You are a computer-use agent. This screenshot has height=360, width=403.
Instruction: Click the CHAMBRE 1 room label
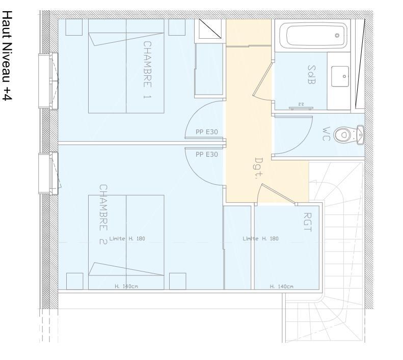[147, 70]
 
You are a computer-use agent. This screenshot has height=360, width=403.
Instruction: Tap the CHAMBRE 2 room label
[102, 214]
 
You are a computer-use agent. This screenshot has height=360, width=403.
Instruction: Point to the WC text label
[327, 133]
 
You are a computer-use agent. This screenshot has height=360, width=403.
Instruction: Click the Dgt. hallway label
[258, 165]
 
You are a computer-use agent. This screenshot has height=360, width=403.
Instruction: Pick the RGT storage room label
[307, 223]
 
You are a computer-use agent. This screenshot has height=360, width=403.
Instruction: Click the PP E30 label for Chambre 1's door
[207, 132]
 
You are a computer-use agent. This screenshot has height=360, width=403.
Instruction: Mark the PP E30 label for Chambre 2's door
[207, 154]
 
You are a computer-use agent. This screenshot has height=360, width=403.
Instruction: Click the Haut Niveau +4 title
[7, 56]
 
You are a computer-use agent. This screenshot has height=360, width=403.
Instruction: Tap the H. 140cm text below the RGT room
[282, 287]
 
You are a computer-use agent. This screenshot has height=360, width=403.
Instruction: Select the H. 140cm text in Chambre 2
[126, 287]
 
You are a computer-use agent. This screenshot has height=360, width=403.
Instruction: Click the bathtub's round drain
[337, 36]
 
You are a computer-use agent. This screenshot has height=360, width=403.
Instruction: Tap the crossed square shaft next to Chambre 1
[210, 30]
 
